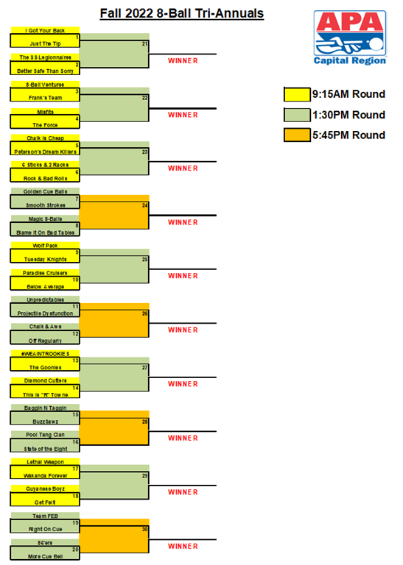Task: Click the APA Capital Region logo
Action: [x=350, y=38]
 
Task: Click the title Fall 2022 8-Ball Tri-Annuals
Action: [x=182, y=13]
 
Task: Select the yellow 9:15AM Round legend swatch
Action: [x=297, y=94]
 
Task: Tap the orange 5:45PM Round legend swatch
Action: [x=297, y=135]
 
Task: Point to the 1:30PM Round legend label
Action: [x=349, y=115]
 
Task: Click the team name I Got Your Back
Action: [x=45, y=31]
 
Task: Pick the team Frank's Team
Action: [x=45, y=98]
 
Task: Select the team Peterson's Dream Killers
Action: [x=45, y=152]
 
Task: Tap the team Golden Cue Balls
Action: [x=45, y=192]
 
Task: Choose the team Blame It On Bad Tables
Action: [x=45, y=232]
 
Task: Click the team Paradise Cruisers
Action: [x=45, y=273]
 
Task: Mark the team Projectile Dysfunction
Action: [x=45, y=313]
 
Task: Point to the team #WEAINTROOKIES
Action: [x=45, y=354]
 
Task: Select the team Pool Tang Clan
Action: [x=45, y=435]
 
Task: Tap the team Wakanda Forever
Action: [x=45, y=476]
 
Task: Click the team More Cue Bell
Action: [x=45, y=557]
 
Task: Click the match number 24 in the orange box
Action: [x=144, y=205]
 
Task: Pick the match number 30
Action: [x=144, y=530]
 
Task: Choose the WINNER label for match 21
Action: [x=183, y=61]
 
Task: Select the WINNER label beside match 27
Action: [x=183, y=384]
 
